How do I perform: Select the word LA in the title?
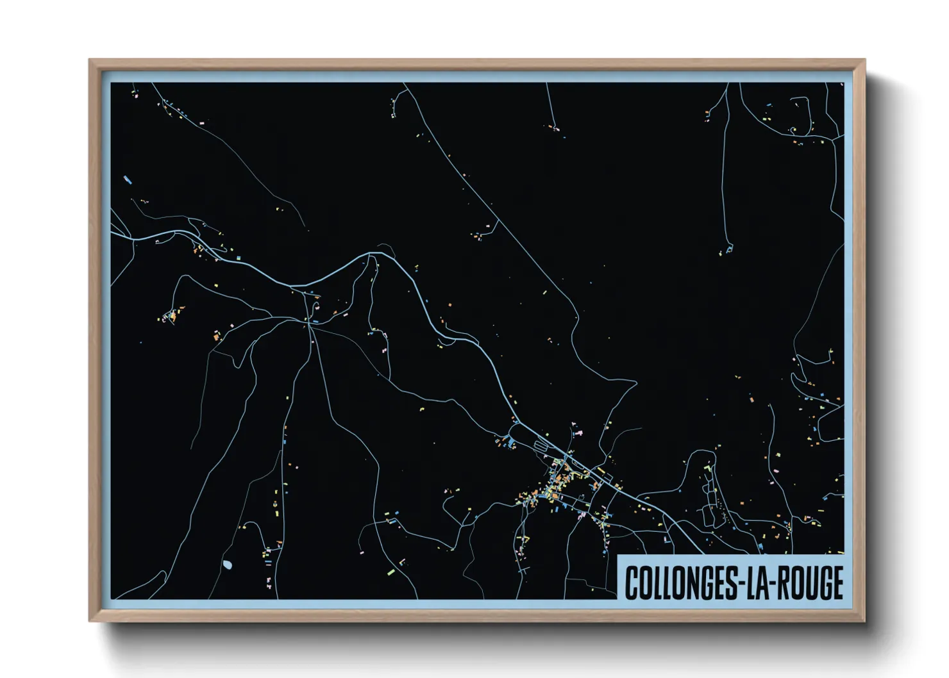tap(757, 583)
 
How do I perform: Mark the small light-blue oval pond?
tap(227, 565)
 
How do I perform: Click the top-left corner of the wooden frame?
tap(90, 60)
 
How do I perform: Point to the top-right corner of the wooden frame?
tap(865, 60)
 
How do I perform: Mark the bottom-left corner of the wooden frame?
tap(90, 620)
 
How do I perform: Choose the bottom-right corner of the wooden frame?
tap(865, 620)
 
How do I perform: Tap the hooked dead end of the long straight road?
tap(729, 249)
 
